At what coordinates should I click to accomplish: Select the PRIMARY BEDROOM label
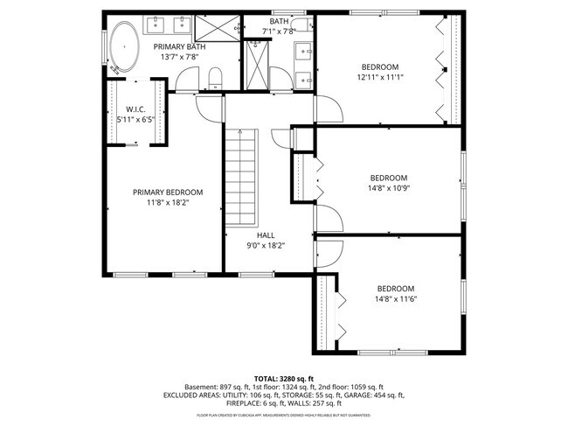pyautogui.click(x=168, y=192)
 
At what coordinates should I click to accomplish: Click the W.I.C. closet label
pyautogui.click(x=135, y=109)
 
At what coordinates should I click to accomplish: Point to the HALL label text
pyautogui.click(x=266, y=235)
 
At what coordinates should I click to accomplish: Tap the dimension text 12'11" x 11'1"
pyautogui.click(x=380, y=77)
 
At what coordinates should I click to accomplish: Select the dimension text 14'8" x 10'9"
pyautogui.click(x=388, y=187)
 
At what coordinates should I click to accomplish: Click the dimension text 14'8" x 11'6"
pyautogui.click(x=395, y=298)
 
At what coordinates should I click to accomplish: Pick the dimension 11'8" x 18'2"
pyautogui.click(x=168, y=202)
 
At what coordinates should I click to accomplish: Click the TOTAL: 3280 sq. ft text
pyautogui.click(x=284, y=377)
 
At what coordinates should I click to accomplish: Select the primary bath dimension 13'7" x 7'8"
pyautogui.click(x=180, y=56)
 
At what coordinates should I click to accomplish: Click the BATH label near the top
pyautogui.click(x=279, y=22)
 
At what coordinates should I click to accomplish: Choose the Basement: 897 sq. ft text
pyautogui.click(x=218, y=386)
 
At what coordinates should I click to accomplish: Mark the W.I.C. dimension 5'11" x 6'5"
pyautogui.click(x=135, y=119)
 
